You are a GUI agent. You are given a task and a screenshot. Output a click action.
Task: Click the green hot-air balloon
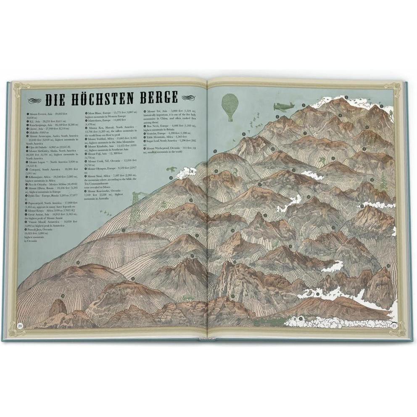(229, 105)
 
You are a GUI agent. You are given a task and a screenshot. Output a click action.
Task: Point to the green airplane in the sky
(283, 107)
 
